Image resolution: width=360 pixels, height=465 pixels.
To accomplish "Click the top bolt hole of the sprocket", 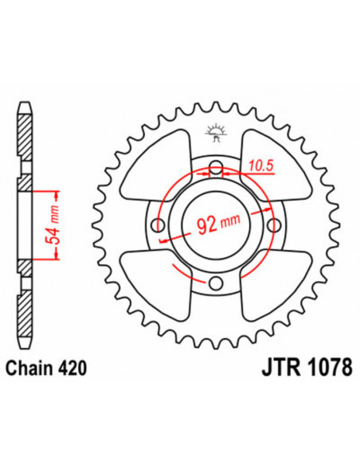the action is [x=216, y=166].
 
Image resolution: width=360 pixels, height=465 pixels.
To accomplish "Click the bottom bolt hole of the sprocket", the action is [x=216, y=283].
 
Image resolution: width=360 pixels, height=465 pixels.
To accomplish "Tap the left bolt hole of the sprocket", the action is [x=158, y=225].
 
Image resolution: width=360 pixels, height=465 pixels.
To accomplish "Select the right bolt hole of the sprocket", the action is [x=274, y=225].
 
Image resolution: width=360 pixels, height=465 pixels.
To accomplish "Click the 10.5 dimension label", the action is [x=260, y=166].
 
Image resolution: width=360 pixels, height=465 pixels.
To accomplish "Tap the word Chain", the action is [x=29, y=369].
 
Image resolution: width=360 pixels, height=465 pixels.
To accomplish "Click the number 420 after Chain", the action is [x=72, y=369].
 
